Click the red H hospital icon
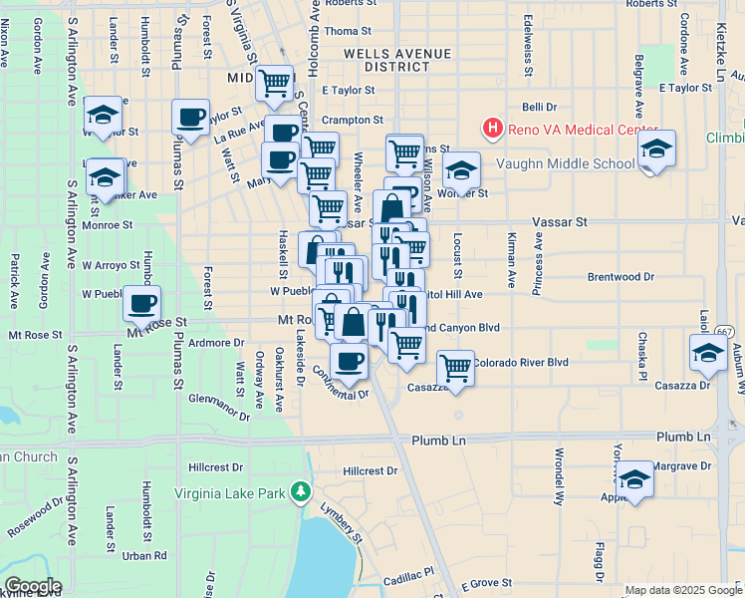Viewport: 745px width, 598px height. (x=491, y=128)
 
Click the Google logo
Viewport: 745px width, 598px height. (x=32, y=586)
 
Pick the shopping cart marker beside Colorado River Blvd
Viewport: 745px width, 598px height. (x=455, y=367)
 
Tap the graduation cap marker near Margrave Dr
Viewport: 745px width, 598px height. (x=634, y=478)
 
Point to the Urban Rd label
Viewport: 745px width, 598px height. (x=145, y=556)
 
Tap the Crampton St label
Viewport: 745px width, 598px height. (x=353, y=120)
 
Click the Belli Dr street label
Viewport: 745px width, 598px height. (x=538, y=107)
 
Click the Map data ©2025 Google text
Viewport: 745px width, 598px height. (x=682, y=590)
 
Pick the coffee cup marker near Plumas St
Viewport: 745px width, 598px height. (x=190, y=117)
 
